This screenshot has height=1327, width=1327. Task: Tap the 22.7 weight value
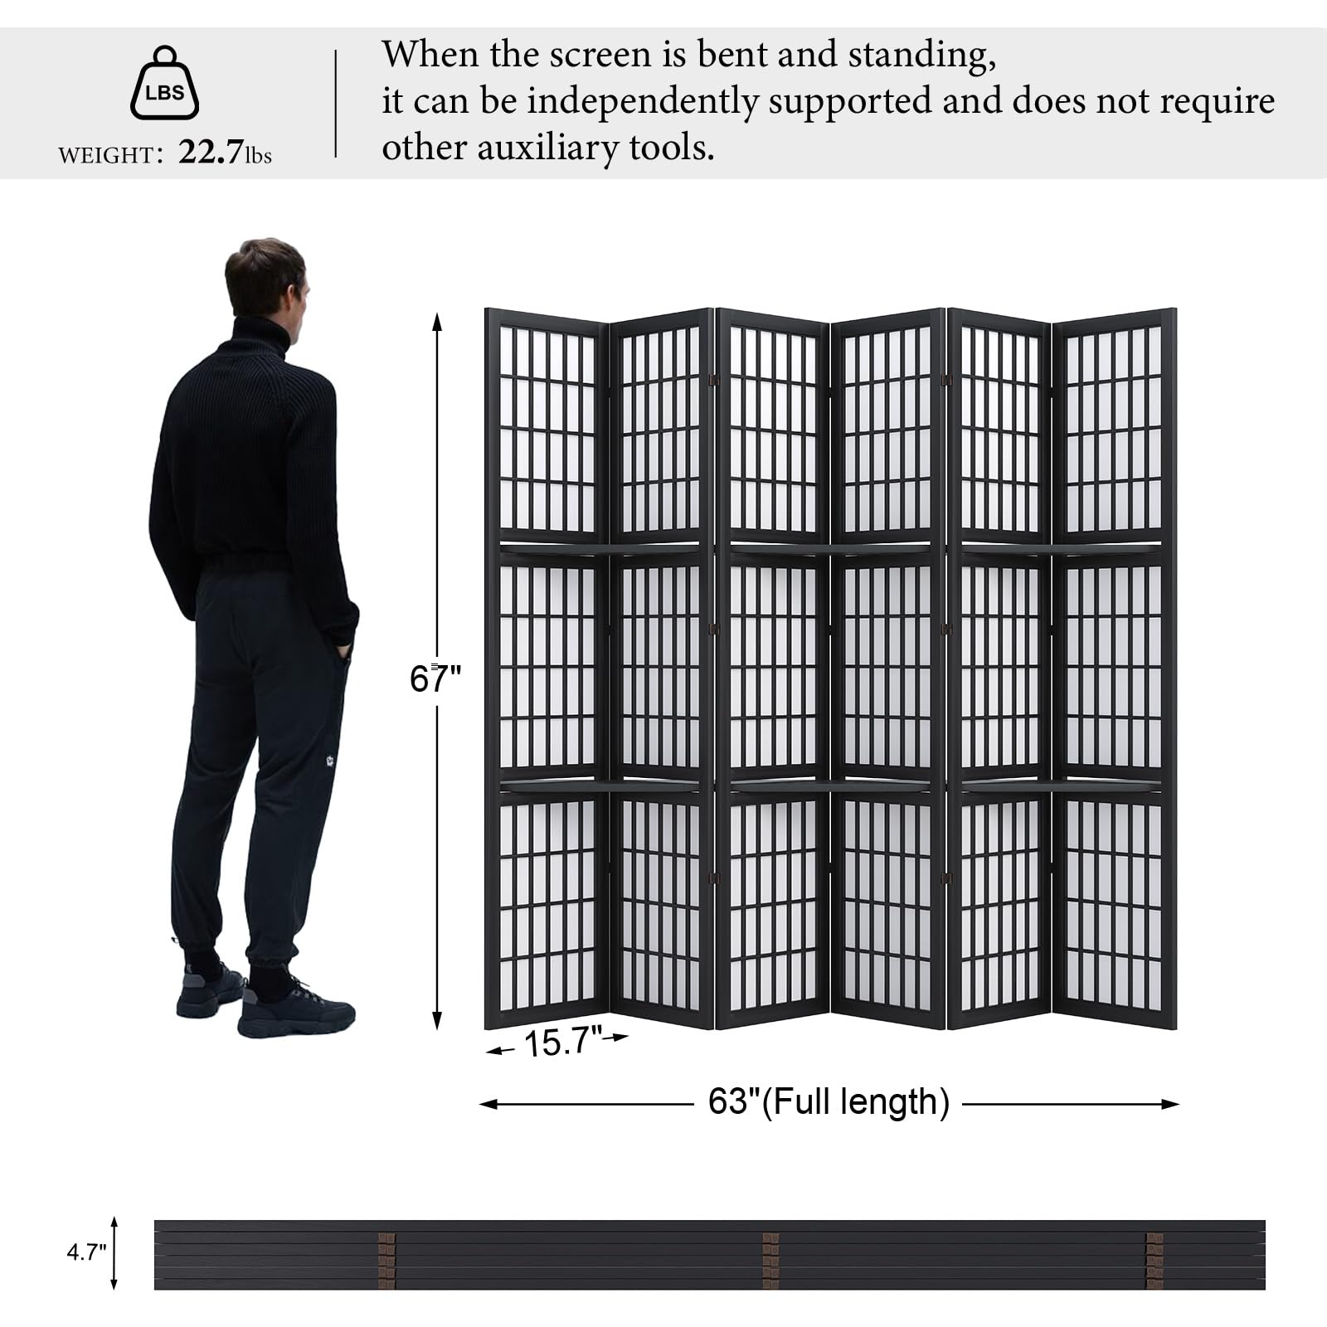pos(211,152)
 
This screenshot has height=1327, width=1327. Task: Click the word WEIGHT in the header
pos(105,155)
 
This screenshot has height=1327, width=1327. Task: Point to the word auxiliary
pos(547,148)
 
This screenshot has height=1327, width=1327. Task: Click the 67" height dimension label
pos(435,679)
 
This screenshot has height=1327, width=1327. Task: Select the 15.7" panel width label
pos(563,1042)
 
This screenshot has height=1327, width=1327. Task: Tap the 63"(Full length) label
pos(829,1102)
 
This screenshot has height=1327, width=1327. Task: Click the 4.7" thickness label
pos(87,1252)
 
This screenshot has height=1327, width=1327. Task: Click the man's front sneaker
pos(296,1010)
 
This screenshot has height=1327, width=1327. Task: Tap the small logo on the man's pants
pos(330,760)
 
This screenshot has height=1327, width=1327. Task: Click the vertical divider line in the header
pos(336,104)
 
